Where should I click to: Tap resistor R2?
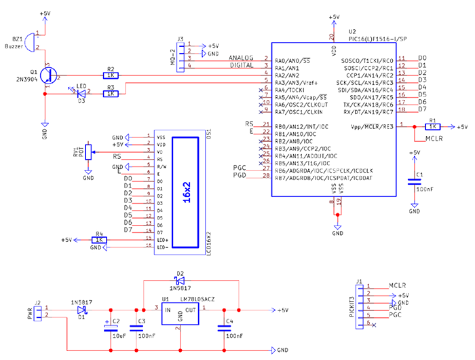coord(111,75)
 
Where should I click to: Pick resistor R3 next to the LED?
coord(111,94)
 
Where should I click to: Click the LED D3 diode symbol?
coord(81,94)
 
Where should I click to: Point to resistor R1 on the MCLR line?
coord(432,126)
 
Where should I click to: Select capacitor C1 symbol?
coord(412,181)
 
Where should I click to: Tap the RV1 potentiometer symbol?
coord(87,152)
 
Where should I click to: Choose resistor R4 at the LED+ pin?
coord(99,239)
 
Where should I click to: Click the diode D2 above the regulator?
coord(180,281)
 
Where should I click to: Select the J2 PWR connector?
coord(39,312)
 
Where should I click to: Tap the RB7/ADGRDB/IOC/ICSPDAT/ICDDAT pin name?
coord(324,177)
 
